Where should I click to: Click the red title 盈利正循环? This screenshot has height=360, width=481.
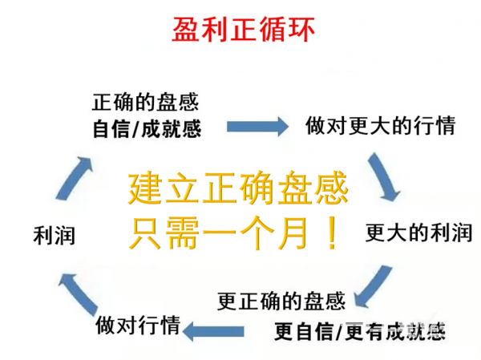point(243,29)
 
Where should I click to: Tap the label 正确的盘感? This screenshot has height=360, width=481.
point(145,103)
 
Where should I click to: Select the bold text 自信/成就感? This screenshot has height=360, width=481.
point(147,129)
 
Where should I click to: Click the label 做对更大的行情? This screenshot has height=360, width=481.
point(380,126)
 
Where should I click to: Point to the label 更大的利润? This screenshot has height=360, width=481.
point(418,233)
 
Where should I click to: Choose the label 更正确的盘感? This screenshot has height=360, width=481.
point(281,301)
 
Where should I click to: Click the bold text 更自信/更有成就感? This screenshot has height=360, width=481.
point(359,331)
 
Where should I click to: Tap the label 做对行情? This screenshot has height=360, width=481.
point(138,325)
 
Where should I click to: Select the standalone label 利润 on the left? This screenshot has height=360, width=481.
point(55,236)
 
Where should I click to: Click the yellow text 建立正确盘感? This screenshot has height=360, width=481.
point(238,188)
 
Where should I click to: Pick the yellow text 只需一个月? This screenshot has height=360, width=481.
point(218,233)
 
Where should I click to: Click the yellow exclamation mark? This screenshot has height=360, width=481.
point(332,233)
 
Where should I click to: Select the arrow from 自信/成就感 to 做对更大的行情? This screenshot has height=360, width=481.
point(257,126)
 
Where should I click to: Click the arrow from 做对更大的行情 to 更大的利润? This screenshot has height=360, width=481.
point(383,177)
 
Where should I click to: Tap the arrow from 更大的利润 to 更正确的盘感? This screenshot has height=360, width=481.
point(372,286)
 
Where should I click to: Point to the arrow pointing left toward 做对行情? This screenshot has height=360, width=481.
point(214,331)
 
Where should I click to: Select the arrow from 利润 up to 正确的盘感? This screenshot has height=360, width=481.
point(75,179)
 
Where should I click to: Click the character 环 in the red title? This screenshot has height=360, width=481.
point(302,30)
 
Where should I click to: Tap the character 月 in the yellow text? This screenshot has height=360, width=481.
point(293,233)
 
